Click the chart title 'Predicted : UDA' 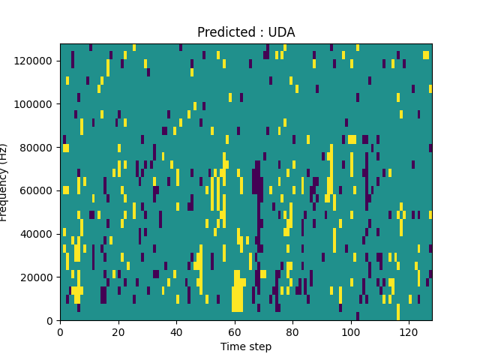tap(246, 32)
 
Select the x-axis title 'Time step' tap(246, 346)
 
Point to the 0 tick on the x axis tap(60, 331)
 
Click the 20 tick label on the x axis tap(118, 331)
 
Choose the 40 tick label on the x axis tap(176, 331)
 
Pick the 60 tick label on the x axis tap(235, 331)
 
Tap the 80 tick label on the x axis tap(292, 331)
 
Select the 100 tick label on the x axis tap(351, 331)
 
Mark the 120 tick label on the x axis tap(409, 331)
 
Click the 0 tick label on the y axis tap(50, 321)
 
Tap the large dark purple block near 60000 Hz tap(257, 180)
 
